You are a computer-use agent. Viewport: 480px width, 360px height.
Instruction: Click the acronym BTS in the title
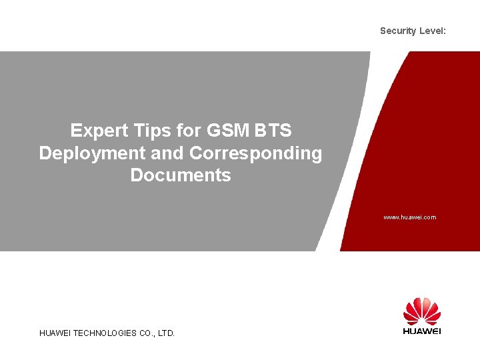pyautogui.click(x=272, y=130)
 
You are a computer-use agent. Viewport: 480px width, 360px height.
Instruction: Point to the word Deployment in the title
pyautogui.click(x=92, y=153)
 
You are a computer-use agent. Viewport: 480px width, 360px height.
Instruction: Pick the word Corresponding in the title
pyautogui.click(x=255, y=153)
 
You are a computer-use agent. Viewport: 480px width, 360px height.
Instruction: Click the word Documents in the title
pyautogui.click(x=181, y=175)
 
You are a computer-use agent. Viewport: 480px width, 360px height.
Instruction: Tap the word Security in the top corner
pyautogui.click(x=398, y=31)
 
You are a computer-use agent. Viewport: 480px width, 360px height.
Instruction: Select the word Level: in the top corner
pyautogui.click(x=432, y=31)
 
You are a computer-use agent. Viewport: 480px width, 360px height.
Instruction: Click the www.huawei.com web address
pyautogui.click(x=409, y=217)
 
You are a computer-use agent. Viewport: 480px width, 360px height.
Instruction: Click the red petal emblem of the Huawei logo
pyautogui.click(x=422, y=311)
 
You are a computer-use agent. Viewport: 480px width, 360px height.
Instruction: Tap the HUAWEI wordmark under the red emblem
pyautogui.click(x=422, y=331)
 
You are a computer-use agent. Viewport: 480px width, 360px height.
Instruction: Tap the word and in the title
pyautogui.click(x=167, y=153)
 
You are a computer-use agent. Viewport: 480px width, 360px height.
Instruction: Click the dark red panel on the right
pyautogui.click(x=427, y=133)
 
